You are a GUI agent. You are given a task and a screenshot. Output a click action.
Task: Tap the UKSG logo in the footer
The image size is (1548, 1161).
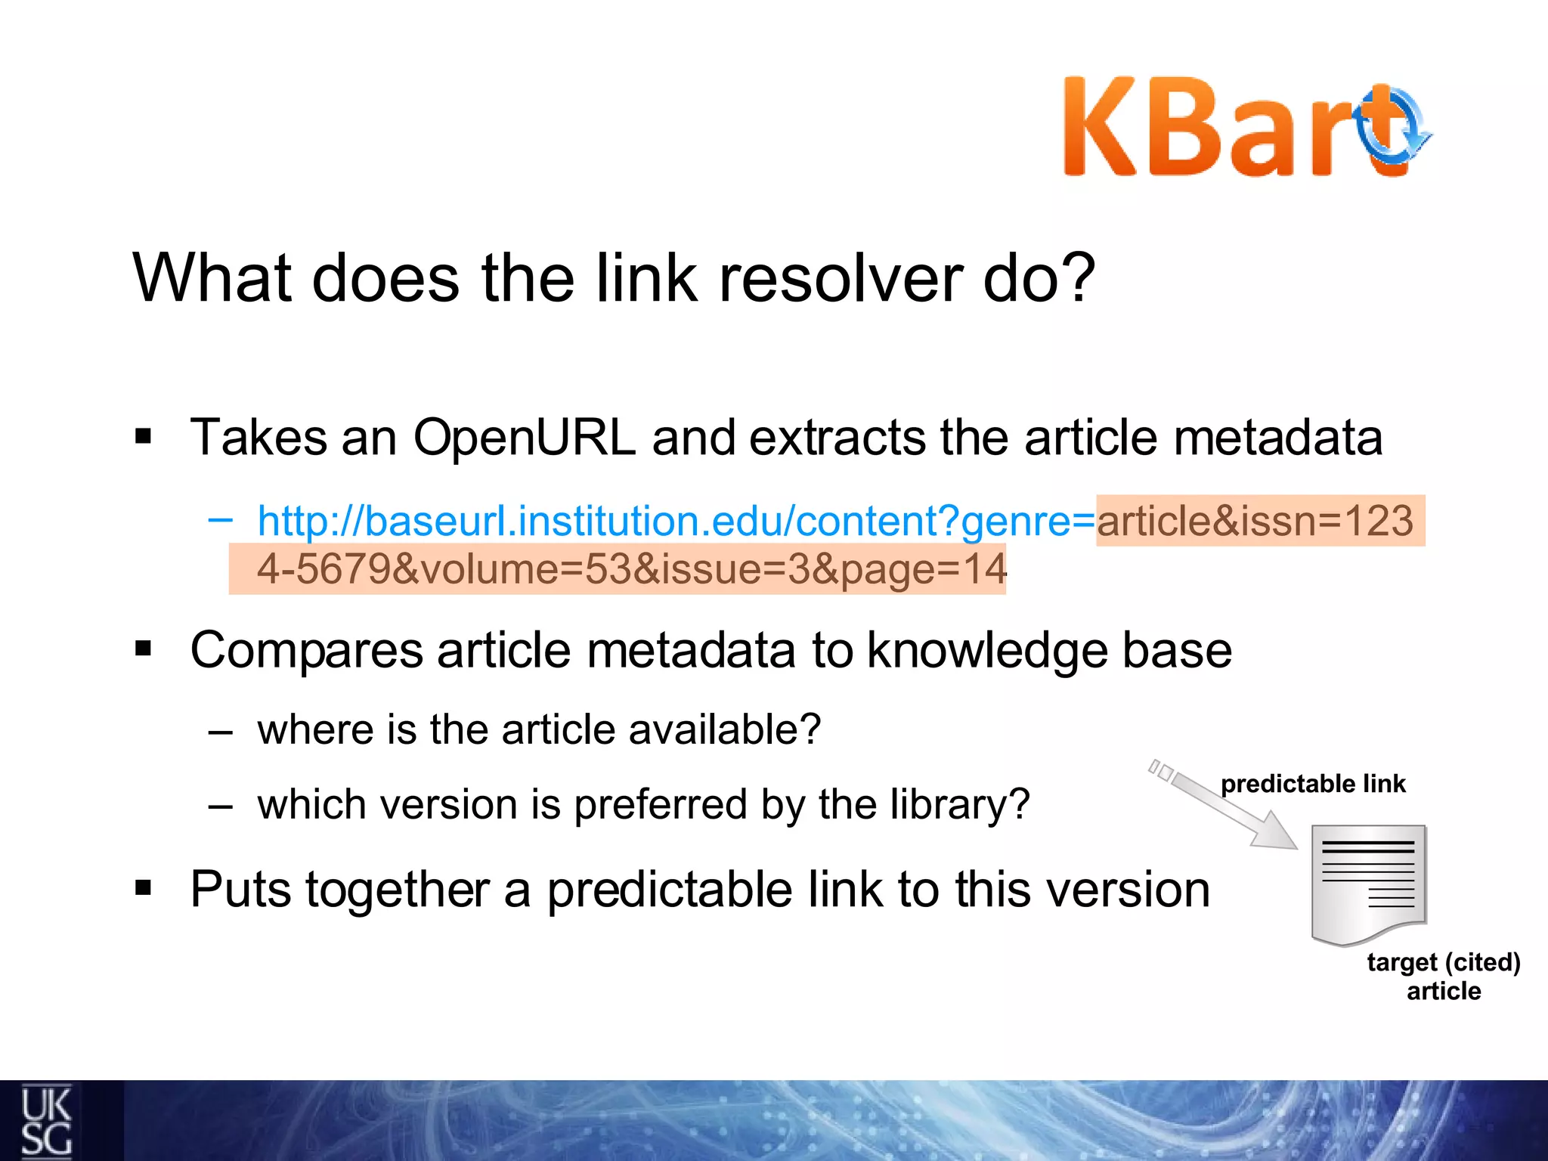coord(47,1122)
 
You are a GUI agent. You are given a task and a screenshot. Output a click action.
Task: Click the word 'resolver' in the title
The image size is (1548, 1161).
coord(839,278)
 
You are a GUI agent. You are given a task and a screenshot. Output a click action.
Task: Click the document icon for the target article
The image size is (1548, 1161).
coord(1368,883)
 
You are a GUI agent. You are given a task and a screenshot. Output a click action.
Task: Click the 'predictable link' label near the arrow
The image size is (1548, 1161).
coord(1313,784)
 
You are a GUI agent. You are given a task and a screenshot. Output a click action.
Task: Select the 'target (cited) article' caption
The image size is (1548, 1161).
coord(1443,976)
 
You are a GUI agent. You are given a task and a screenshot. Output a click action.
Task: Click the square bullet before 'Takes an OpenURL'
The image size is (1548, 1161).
coord(143,436)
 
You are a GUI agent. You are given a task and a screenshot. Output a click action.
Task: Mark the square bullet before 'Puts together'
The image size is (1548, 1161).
coord(143,888)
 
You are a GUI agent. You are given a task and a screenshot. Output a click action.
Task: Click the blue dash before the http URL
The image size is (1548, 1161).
coord(220,519)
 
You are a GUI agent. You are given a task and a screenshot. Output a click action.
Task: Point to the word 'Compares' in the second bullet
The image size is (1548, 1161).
coord(306,651)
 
